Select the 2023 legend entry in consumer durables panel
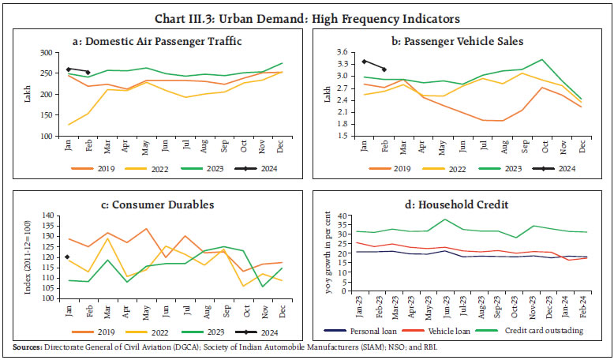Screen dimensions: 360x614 coord(214,331)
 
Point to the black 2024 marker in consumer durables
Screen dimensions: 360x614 coord(69,257)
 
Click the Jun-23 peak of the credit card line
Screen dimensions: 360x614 coord(445,219)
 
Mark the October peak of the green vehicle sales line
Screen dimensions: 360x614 coord(541,59)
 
